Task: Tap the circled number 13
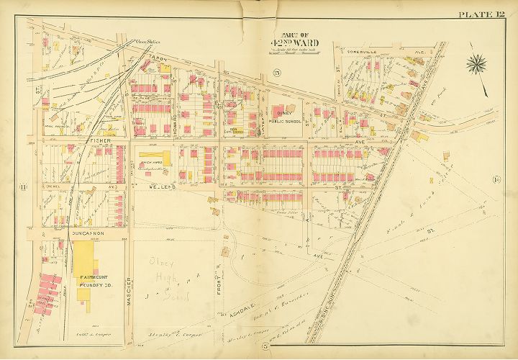(276, 71)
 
